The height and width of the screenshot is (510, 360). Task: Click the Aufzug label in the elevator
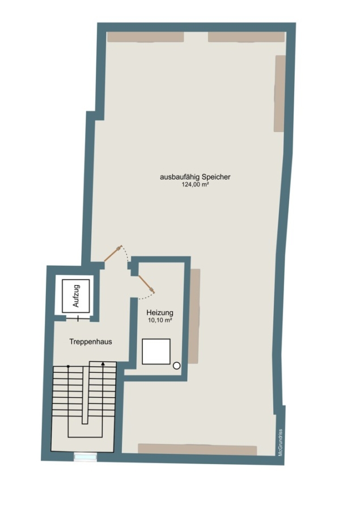point(76,296)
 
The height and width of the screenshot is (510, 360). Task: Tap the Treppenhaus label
point(91,342)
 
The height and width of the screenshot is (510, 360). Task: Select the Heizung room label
point(159,313)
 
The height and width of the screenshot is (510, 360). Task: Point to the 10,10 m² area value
point(159,320)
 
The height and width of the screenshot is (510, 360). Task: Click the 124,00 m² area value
point(195,184)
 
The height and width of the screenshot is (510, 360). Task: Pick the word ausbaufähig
point(179,177)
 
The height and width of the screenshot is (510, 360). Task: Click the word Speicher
point(216,177)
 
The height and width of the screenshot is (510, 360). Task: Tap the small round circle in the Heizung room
point(176,365)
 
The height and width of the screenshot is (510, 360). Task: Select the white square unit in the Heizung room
point(156,351)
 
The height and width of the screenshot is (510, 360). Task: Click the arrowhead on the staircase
point(103,364)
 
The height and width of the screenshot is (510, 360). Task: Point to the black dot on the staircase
point(68,367)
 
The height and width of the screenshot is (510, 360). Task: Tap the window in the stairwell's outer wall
point(85,457)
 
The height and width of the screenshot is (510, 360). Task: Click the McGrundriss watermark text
point(280,443)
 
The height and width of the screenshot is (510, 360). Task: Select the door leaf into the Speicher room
point(113,253)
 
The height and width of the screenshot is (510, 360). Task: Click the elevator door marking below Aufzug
point(78,318)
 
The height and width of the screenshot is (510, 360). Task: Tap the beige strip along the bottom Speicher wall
point(197,449)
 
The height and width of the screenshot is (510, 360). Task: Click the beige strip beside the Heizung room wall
point(194,316)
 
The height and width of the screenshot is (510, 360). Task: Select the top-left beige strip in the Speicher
point(146,37)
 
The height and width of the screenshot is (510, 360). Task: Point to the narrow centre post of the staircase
point(85,395)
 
